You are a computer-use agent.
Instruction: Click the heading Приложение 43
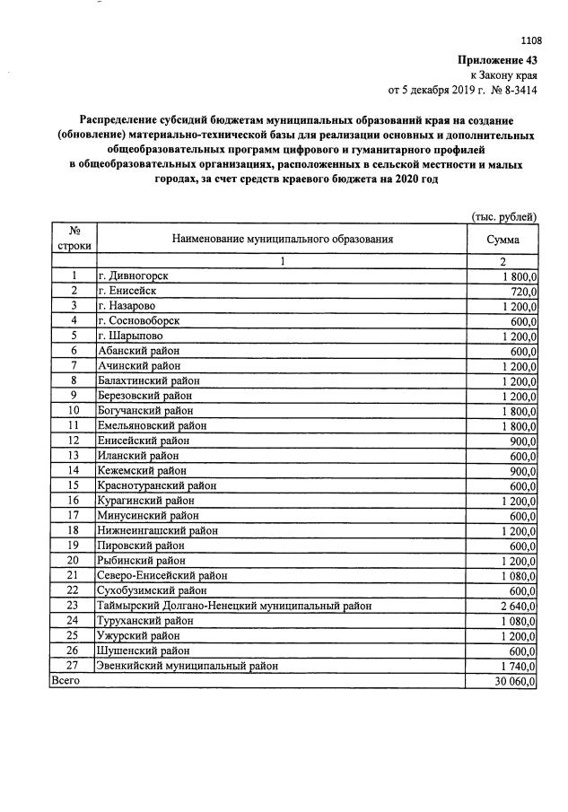pyautogui.click(x=497, y=59)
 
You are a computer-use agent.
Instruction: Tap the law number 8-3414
pyautogui.click(x=515, y=90)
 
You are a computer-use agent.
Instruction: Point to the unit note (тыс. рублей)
pyautogui.click(x=504, y=216)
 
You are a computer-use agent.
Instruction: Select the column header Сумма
pyautogui.click(x=502, y=240)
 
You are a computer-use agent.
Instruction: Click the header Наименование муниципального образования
pyautogui.click(x=281, y=240)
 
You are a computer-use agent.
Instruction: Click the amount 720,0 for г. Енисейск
pyautogui.click(x=522, y=292)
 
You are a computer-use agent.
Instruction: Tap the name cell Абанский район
pyautogui.click(x=139, y=351)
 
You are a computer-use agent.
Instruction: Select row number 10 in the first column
pyautogui.click(x=74, y=411)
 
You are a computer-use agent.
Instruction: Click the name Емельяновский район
pyautogui.click(x=153, y=425)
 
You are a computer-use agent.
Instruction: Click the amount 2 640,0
pyautogui.click(x=516, y=606)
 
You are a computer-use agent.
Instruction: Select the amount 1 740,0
pyautogui.click(x=516, y=666)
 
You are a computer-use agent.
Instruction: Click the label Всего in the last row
pyautogui.click(x=66, y=681)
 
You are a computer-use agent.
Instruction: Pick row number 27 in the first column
pyautogui.click(x=74, y=666)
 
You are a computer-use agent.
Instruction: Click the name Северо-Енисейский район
pyautogui.click(x=162, y=575)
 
